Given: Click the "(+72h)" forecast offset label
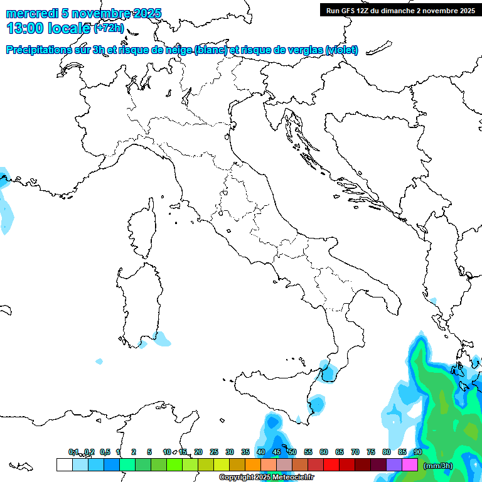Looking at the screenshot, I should click(109, 28).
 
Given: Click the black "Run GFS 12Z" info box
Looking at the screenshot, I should click(400, 10).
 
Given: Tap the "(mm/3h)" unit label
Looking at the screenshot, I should click(438, 466).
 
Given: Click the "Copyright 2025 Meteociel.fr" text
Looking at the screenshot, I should click(267, 478).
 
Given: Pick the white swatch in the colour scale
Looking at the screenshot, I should click(64, 465).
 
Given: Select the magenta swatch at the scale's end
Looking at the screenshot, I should click(410, 465).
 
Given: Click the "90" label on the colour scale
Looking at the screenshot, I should click(417, 453).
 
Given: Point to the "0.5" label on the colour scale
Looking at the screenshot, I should click(105, 453).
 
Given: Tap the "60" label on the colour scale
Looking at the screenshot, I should click(324, 453).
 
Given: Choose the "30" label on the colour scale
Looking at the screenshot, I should click(230, 453).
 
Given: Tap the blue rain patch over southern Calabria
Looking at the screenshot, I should click(327, 370).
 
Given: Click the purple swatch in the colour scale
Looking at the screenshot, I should click(394, 465).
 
